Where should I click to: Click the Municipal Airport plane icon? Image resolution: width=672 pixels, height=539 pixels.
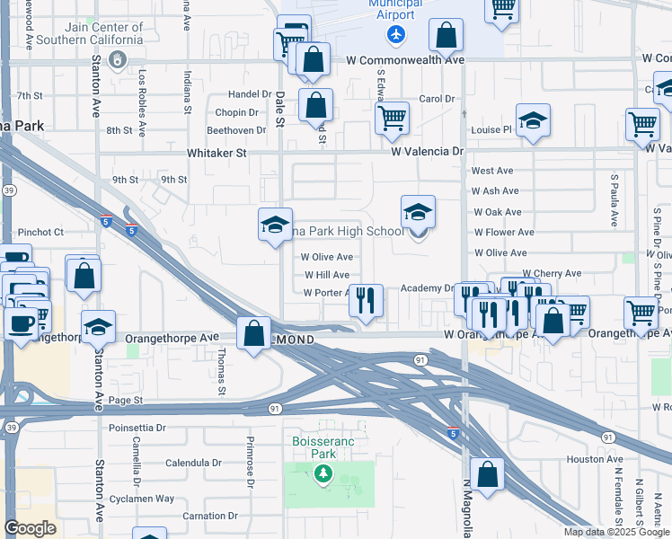pos(396,34)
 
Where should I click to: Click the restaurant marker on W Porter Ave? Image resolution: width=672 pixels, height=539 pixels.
pos(366,301)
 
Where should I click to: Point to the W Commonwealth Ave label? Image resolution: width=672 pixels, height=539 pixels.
pos(405,59)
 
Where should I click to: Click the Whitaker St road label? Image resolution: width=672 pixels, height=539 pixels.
pos(217,154)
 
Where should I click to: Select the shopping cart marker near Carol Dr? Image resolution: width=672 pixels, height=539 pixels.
pos(393,118)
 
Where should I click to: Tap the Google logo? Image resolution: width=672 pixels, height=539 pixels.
pos(31,527)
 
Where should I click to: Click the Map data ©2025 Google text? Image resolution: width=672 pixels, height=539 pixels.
pos(617,532)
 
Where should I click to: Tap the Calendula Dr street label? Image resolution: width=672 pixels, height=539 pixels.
pos(193,464)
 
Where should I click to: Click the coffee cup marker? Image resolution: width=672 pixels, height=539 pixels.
pos(21,323)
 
